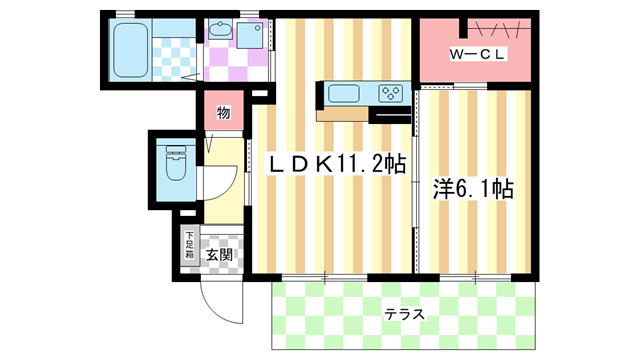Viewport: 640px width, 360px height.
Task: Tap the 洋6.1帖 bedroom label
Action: [x=473, y=187]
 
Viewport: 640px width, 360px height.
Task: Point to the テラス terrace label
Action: [x=405, y=314]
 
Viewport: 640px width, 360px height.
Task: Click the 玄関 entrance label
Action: [x=220, y=254]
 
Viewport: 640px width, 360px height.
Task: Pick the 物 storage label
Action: [x=224, y=113]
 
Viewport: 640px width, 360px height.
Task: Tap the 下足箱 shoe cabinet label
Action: [x=189, y=246]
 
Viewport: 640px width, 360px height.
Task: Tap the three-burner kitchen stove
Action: [x=391, y=94]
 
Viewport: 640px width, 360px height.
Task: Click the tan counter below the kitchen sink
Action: [x=342, y=114]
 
